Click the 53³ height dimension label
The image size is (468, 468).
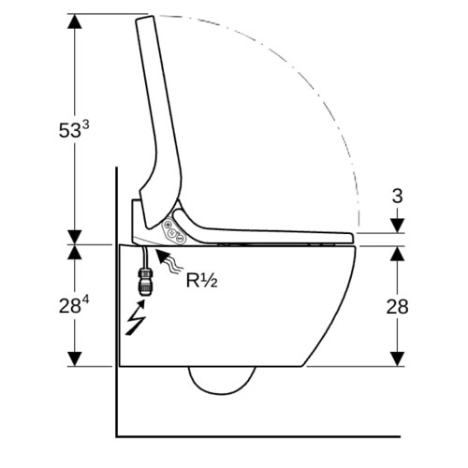[x=74, y=129]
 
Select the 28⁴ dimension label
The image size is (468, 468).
[x=74, y=305]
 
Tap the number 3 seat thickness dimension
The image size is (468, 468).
[x=397, y=197]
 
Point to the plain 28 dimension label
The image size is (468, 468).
[x=397, y=306]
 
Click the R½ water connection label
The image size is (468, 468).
[x=201, y=280]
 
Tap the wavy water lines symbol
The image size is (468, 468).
[x=175, y=265]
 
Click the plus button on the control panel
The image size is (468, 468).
[x=168, y=225]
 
